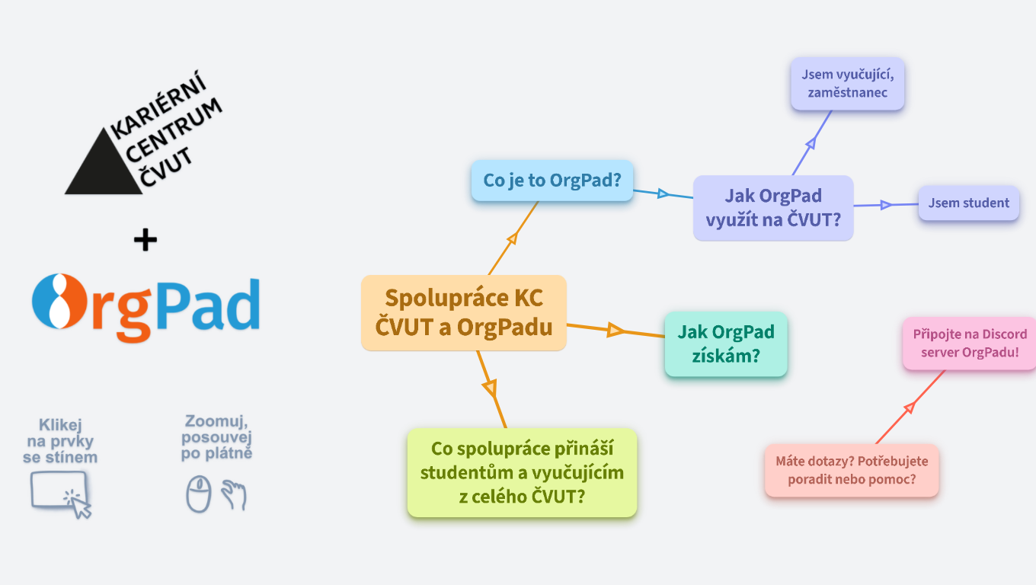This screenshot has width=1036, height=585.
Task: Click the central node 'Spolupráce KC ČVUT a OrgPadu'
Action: click(x=463, y=312)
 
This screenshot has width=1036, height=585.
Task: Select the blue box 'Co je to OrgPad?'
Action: click(x=552, y=181)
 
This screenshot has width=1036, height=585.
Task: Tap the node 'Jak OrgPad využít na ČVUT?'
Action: click(x=772, y=208)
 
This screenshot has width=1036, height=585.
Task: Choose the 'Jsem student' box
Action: click(x=968, y=203)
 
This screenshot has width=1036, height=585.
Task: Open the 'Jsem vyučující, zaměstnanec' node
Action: click(x=846, y=84)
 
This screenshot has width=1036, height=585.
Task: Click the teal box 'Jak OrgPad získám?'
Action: click(x=725, y=344)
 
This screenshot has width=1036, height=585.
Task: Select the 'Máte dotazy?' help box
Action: click(x=851, y=471)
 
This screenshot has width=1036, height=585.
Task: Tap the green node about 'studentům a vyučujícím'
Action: click(x=522, y=472)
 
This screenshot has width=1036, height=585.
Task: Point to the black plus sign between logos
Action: click(x=145, y=241)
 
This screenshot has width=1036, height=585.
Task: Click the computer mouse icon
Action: click(x=198, y=494)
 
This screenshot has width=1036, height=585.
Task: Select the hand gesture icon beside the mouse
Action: click(x=234, y=495)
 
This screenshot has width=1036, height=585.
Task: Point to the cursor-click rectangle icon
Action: click(x=60, y=491)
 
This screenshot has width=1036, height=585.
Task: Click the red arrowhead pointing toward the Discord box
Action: click(x=909, y=408)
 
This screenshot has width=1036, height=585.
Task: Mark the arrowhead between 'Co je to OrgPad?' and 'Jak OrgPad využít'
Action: click(x=663, y=193)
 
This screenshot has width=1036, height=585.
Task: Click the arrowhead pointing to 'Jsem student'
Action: click(x=885, y=205)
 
